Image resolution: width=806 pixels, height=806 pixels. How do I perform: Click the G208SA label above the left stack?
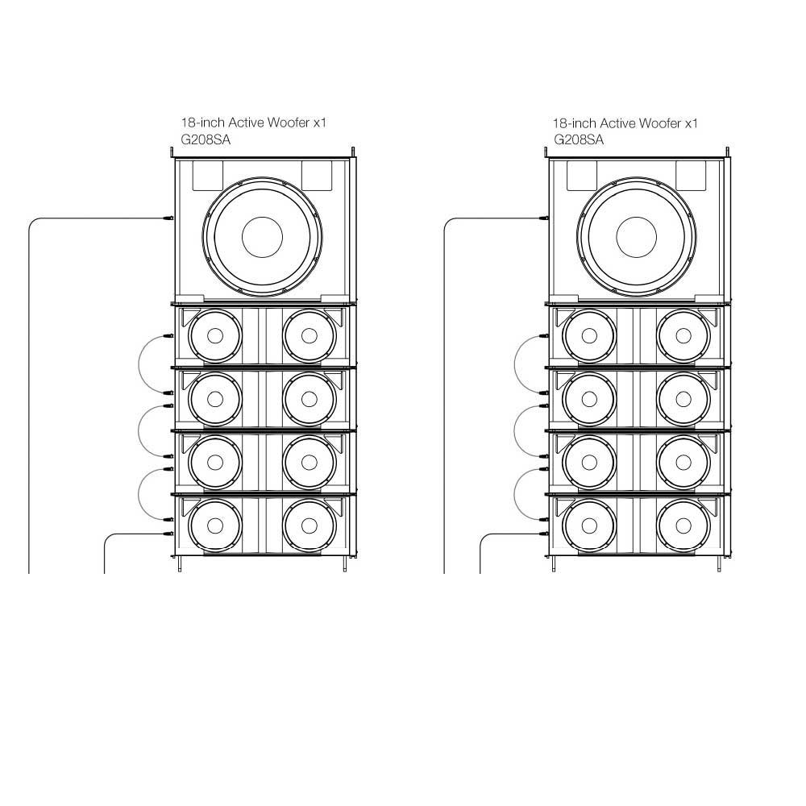point(206,139)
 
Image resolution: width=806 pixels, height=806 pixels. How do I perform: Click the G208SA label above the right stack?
point(578,139)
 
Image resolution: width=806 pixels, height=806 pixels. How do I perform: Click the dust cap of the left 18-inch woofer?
point(262,238)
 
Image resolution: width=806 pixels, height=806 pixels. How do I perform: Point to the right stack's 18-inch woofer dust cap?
point(637,238)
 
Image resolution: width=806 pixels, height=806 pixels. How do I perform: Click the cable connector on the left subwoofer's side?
point(168,218)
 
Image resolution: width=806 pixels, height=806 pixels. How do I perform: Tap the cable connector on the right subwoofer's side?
point(542,218)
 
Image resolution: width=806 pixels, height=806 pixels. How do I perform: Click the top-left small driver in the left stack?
point(215,335)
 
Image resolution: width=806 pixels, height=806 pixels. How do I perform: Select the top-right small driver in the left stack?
point(310,335)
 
